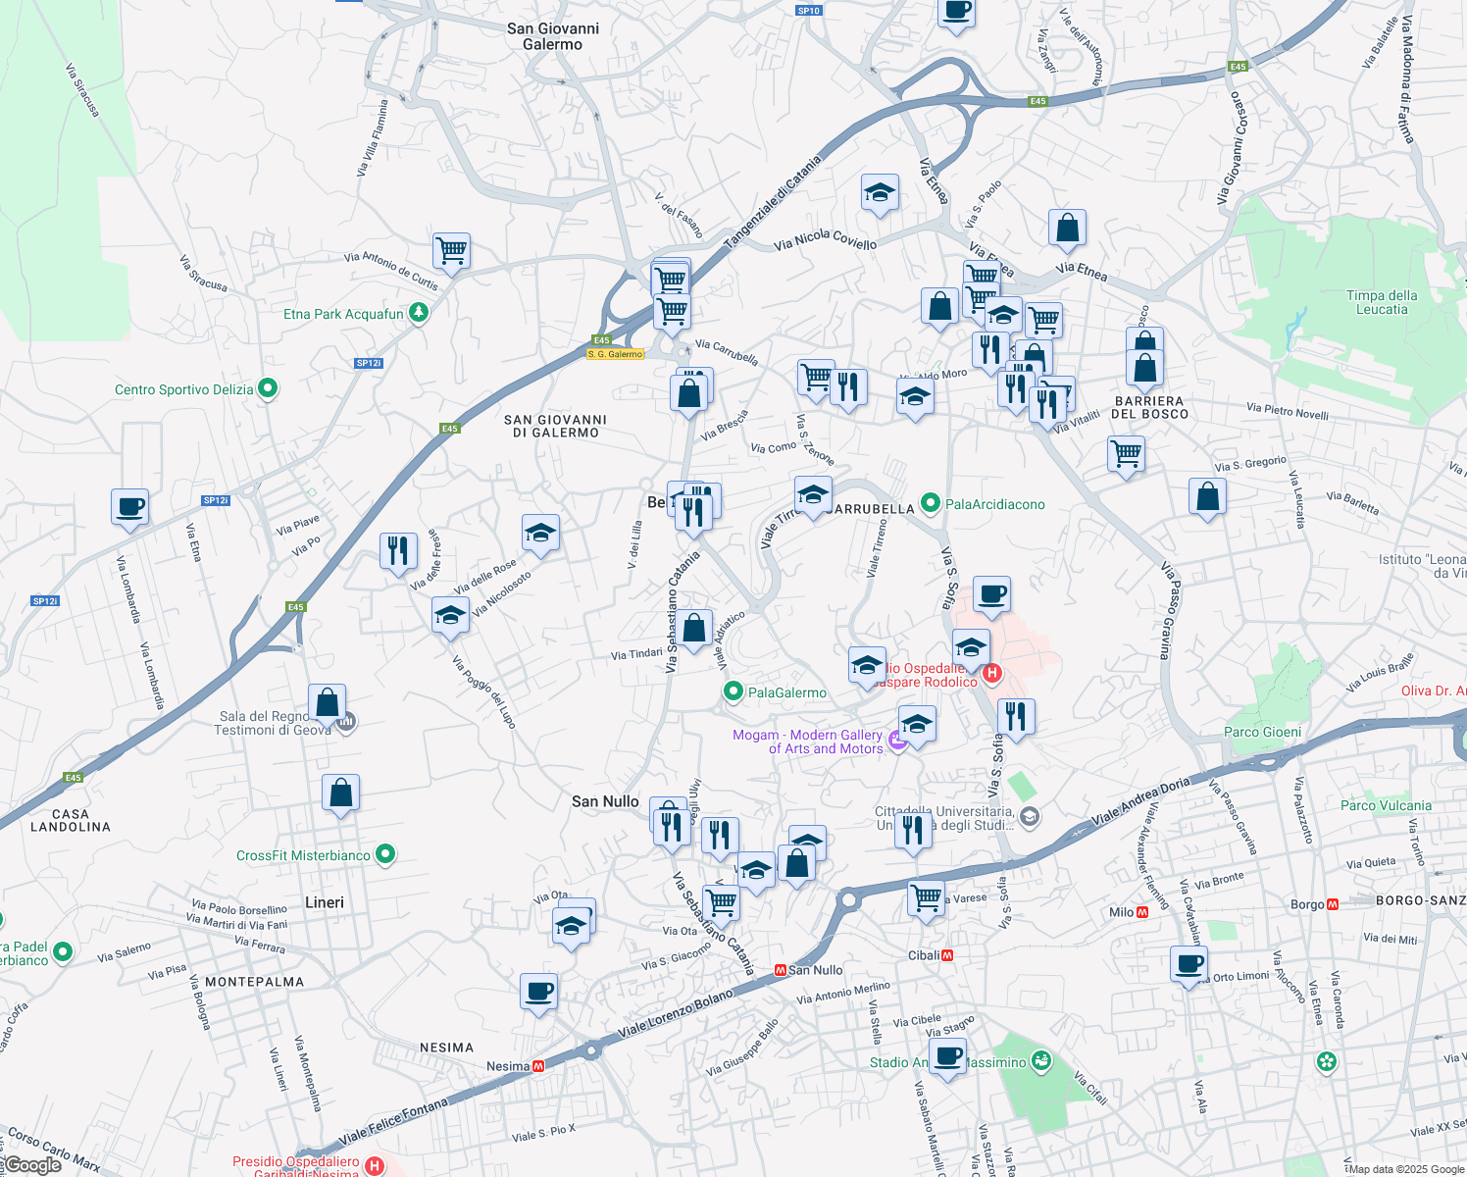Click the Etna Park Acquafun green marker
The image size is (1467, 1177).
419,313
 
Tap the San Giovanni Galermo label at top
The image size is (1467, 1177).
553,36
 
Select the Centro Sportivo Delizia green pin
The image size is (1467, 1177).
267,388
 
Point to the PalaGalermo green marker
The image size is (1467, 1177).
733,692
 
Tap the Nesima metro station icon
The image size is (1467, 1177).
538,1066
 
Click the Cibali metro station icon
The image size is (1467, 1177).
947,955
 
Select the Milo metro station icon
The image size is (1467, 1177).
1142,912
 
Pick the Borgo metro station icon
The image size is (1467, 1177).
1332,904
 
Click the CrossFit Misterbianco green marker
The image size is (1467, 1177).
385,854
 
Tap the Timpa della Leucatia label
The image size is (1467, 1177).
1382,302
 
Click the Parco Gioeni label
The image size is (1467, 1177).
1263,732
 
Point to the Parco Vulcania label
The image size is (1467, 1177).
1386,805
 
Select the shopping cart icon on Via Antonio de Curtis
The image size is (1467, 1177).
451,251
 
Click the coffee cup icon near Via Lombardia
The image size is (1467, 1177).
129,507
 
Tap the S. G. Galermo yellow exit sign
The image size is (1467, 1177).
616,354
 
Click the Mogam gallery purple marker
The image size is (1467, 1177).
897,740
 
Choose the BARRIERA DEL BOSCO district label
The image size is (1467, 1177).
1149,407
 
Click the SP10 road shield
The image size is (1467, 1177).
808,11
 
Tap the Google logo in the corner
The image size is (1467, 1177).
31,1165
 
